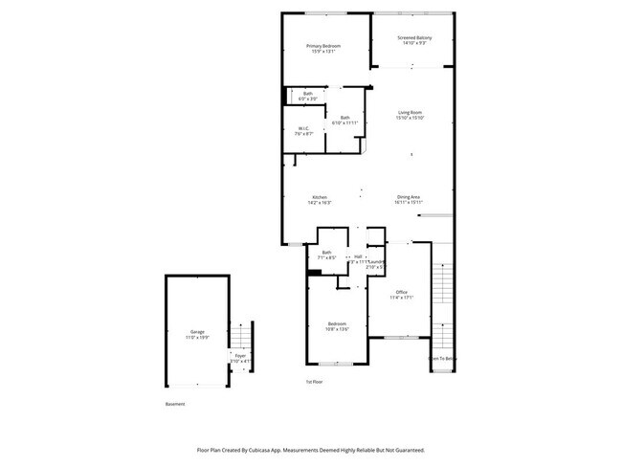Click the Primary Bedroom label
(x=323, y=46)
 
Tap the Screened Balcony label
(x=414, y=38)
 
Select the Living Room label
(x=411, y=113)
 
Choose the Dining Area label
(x=409, y=198)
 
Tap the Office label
(x=402, y=292)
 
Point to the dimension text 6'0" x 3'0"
(x=307, y=99)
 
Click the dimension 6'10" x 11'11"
(x=344, y=122)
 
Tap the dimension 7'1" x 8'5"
(x=327, y=257)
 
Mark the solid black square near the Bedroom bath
(x=313, y=272)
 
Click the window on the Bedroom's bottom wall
(x=335, y=364)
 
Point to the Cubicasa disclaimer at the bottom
(x=310, y=450)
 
